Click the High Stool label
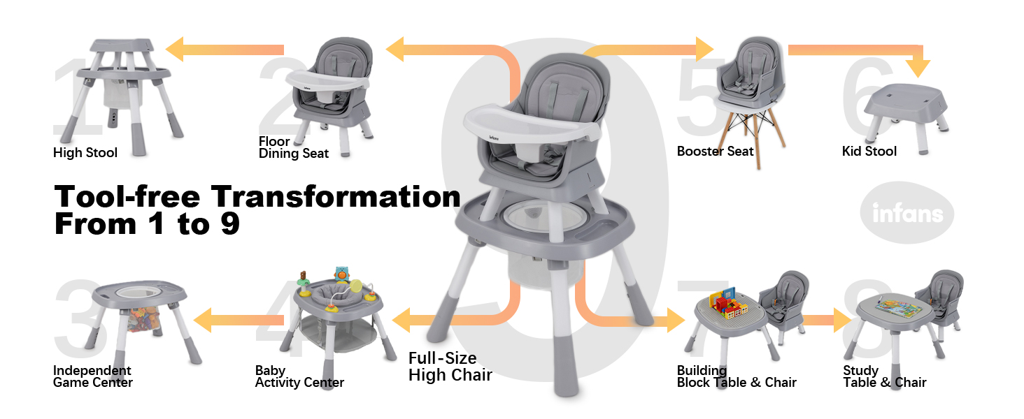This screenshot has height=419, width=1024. (x=85, y=152)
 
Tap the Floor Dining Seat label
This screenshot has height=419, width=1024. (x=293, y=148)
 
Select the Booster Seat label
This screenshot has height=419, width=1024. (x=715, y=151)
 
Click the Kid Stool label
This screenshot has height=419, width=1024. (x=869, y=151)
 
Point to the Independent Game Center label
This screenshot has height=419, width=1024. (x=92, y=376)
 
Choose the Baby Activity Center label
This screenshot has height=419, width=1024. (x=299, y=376)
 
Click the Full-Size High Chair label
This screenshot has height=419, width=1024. (x=450, y=367)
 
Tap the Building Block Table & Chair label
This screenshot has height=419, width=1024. (x=736, y=376)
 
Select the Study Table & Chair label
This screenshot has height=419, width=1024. (x=884, y=376)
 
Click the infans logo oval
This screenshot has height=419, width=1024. (x=906, y=213)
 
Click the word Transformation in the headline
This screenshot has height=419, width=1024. (x=336, y=197)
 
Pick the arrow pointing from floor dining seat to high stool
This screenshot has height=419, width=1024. (x=225, y=50)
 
